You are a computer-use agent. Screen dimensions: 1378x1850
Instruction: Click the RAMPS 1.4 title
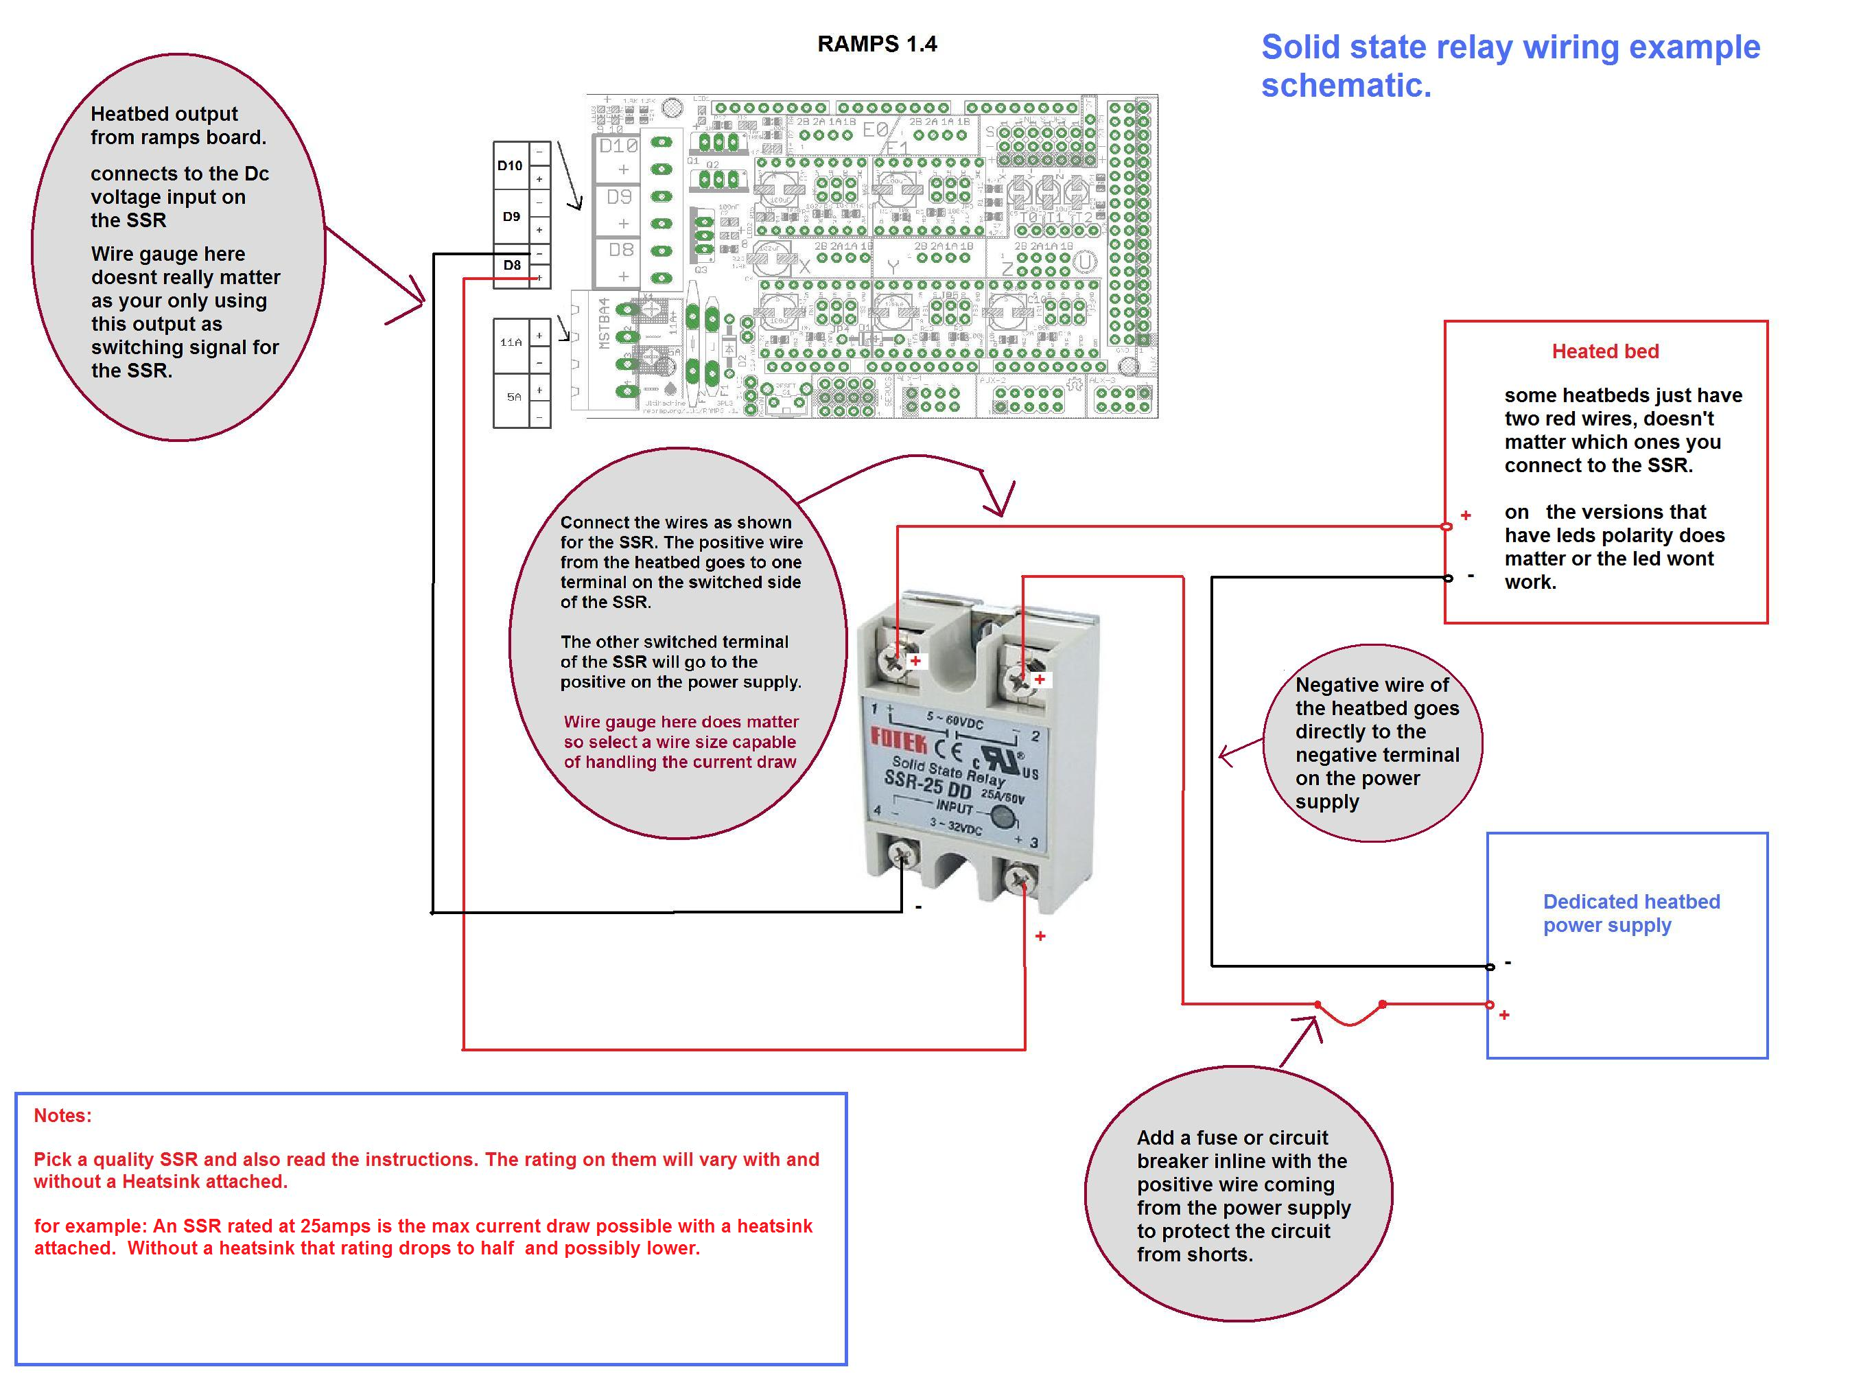tap(877, 44)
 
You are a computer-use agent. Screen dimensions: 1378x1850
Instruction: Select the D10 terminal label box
tap(511, 166)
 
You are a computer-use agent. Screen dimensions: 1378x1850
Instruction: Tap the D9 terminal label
tap(511, 217)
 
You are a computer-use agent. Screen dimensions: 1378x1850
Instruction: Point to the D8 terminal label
tap(511, 266)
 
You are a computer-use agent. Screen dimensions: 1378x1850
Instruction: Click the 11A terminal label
tap(511, 342)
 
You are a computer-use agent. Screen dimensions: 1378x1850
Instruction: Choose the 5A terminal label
tap(514, 397)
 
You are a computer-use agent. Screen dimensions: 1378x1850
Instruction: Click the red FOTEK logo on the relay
tap(898, 740)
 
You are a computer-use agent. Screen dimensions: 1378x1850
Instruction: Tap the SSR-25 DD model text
tap(928, 784)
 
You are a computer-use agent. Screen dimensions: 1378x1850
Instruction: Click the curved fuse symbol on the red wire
tap(1350, 1014)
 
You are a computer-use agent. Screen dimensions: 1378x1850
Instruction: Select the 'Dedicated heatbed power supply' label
tap(1630, 913)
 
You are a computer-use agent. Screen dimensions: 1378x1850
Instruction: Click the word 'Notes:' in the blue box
tap(62, 1115)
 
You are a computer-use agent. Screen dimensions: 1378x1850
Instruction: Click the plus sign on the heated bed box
tap(1466, 515)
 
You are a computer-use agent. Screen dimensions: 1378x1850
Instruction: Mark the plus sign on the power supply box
tap(1504, 1015)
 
